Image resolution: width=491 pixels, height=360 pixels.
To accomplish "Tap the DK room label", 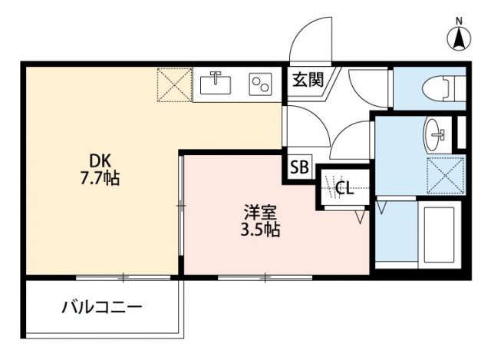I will [101, 161].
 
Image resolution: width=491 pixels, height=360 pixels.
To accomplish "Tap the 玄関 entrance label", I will [306, 78].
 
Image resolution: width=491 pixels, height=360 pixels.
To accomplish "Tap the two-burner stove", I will [261, 83].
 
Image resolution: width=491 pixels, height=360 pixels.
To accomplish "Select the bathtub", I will [440, 233].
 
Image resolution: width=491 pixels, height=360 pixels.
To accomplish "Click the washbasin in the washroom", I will [436, 135].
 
